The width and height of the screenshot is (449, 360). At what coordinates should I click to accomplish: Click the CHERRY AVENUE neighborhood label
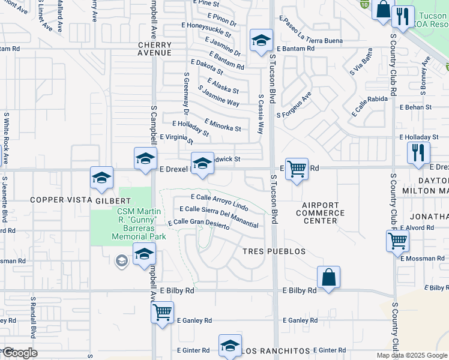tap(155, 49)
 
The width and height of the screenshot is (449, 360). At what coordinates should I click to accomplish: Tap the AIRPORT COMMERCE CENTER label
tap(321, 213)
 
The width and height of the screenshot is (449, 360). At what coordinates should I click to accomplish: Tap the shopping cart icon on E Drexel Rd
tap(297, 169)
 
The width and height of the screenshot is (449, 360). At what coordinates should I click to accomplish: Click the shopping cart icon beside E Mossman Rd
tap(397, 241)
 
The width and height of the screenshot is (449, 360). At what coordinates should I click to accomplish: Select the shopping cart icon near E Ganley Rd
tap(162, 313)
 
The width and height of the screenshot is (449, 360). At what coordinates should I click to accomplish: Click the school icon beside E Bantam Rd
tap(261, 41)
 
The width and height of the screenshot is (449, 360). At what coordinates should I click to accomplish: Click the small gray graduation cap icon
tap(121, 260)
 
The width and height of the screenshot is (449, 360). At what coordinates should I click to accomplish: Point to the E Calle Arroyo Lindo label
tap(219, 202)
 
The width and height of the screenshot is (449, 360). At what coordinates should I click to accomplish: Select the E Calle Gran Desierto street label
tap(199, 223)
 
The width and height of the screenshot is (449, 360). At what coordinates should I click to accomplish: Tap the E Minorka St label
tap(223, 125)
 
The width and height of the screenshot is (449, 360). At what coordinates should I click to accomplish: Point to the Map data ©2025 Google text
tap(411, 355)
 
